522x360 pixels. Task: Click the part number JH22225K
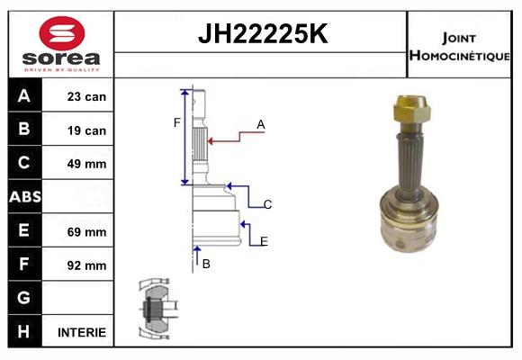pyautogui.click(x=262, y=35)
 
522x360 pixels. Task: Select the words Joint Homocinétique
pyautogui.click(x=461, y=46)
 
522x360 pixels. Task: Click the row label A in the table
pyautogui.click(x=23, y=96)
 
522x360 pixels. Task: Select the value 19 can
pyautogui.click(x=86, y=130)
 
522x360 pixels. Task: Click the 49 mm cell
pyautogui.click(x=86, y=164)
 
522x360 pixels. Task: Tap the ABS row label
pyautogui.click(x=23, y=197)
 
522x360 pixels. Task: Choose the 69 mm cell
pyautogui.click(x=86, y=231)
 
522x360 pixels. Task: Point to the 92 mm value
pyautogui.click(x=86, y=265)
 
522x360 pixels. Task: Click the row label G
pyautogui.click(x=23, y=298)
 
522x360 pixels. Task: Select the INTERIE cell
pyautogui.click(x=82, y=332)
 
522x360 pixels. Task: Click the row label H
pyautogui.click(x=23, y=331)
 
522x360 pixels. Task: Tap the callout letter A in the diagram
pyautogui.click(x=260, y=125)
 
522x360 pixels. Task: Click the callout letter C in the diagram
pyautogui.click(x=267, y=205)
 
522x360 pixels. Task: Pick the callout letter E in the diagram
pyautogui.click(x=264, y=241)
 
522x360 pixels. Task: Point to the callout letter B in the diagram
pyautogui.click(x=206, y=264)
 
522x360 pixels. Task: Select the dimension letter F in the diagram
pyautogui.click(x=177, y=122)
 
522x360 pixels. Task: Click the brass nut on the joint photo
pyautogui.click(x=413, y=112)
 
